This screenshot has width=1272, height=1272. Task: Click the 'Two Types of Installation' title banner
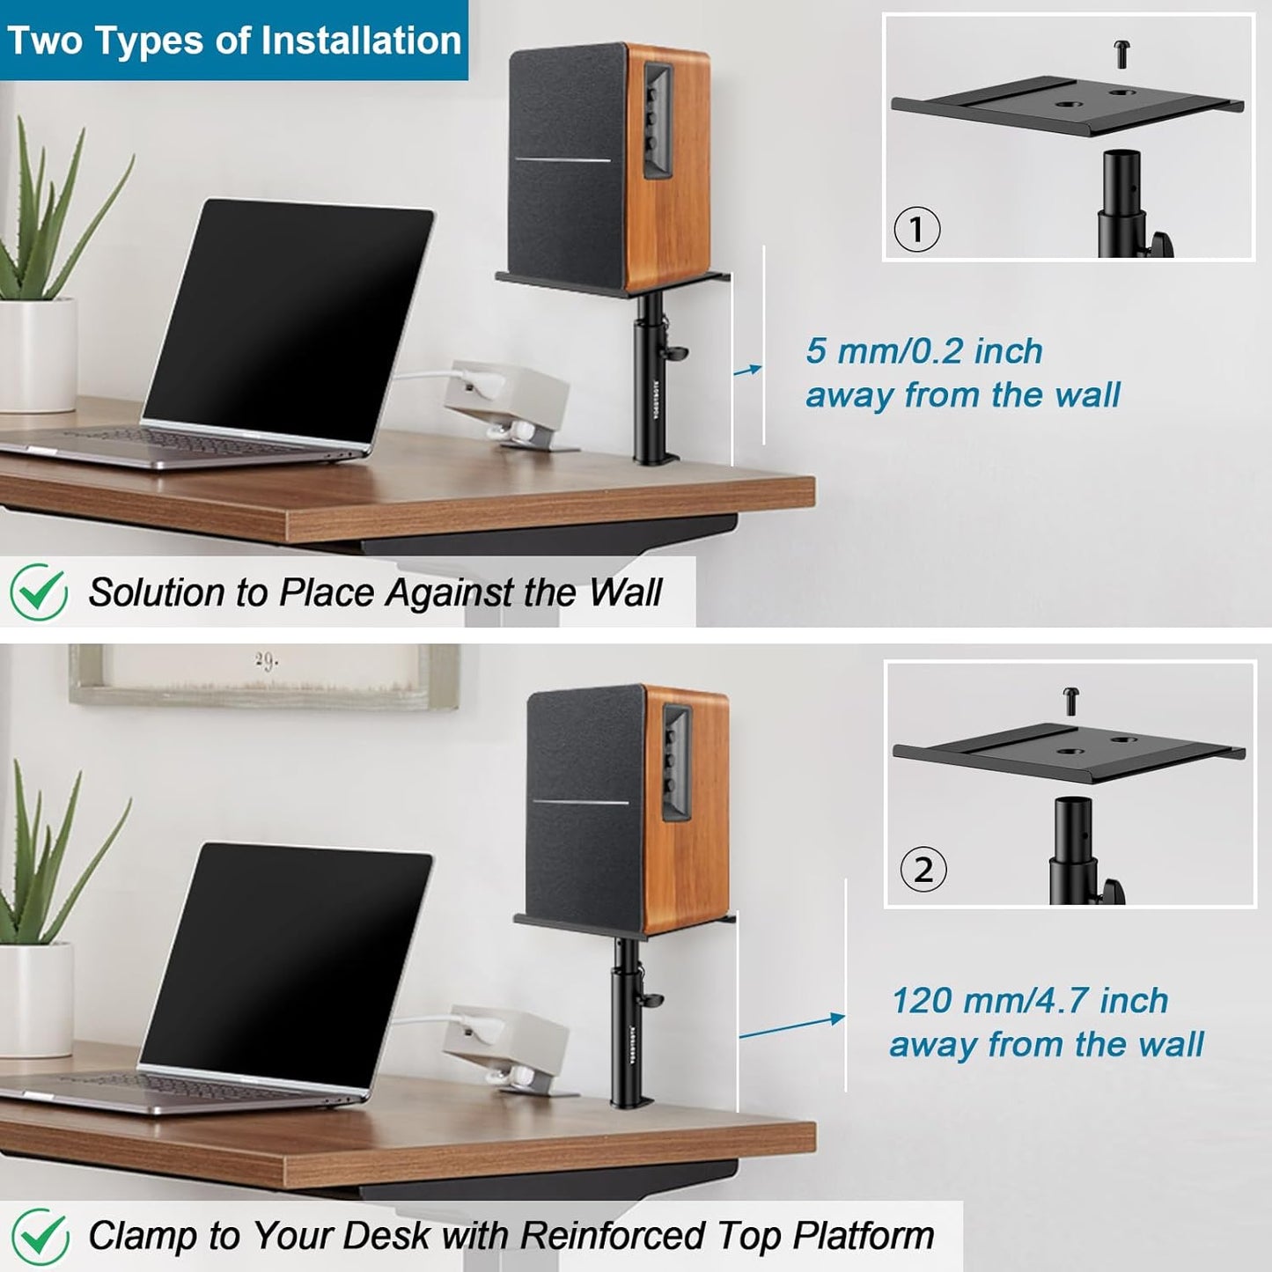(234, 40)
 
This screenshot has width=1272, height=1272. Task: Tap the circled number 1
(917, 230)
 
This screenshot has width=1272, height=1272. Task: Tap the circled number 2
(923, 870)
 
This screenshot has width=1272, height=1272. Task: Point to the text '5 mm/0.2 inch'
(924, 351)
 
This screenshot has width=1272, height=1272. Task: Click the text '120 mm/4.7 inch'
(1030, 1001)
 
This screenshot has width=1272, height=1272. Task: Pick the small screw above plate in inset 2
(1072, 701)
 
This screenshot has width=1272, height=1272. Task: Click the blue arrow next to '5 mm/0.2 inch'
(748, 371)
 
